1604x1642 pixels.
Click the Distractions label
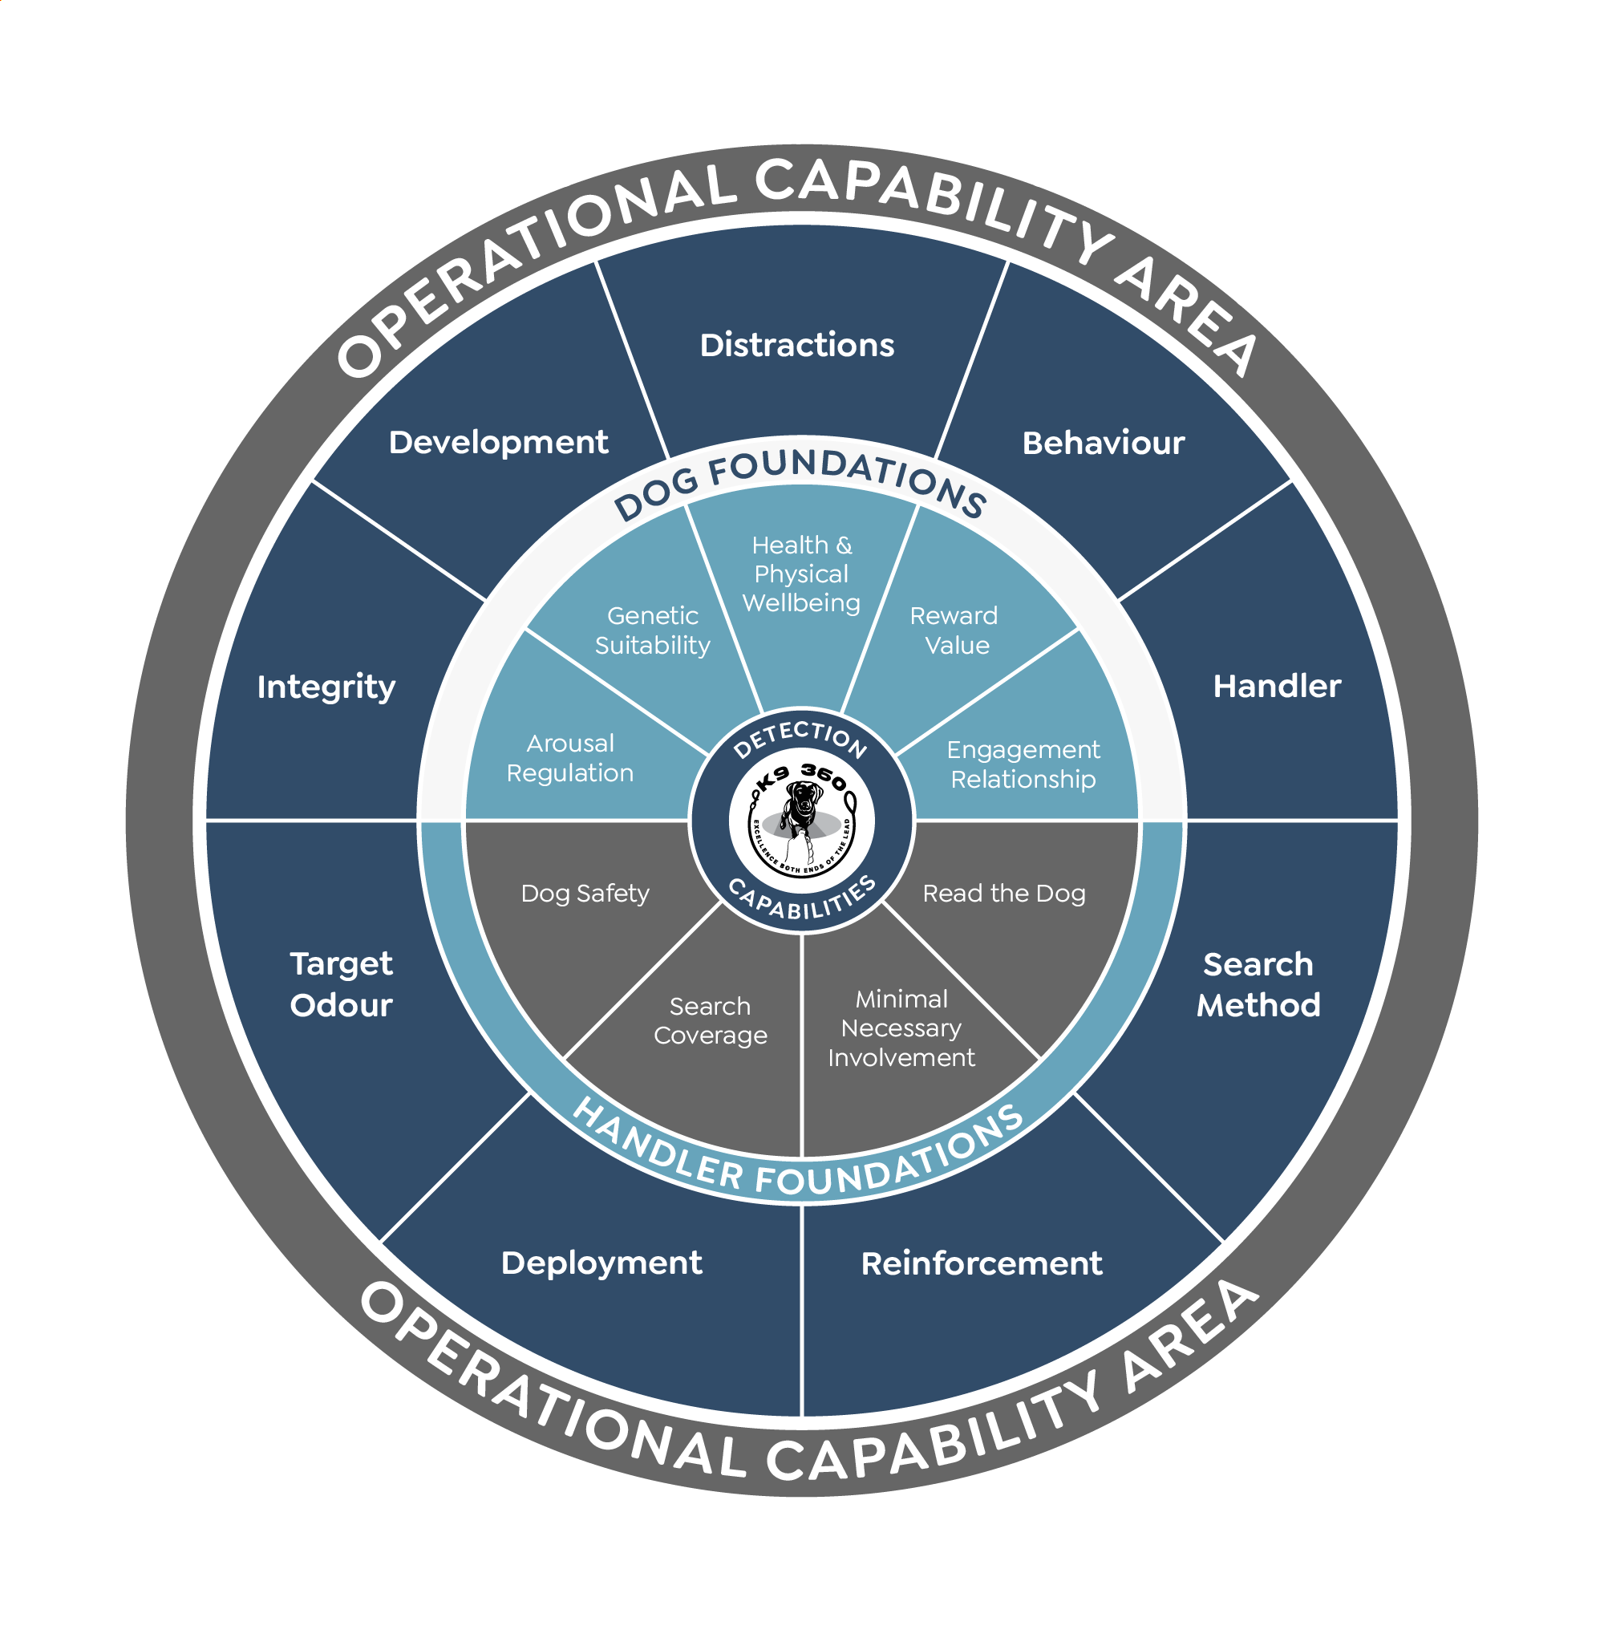pyautogui.click(x=797, y=346)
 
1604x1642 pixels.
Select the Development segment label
pyautogui.click(x=498, y=443)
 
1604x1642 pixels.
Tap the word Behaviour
pyautogui.click(x=1103, y=443)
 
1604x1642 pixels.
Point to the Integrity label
pyautogui.click(x=326, y=687)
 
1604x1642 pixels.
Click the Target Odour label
pyautogui.click(x=341, y=984)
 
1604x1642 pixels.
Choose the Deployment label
pyautogui.click(x=601, y=1263)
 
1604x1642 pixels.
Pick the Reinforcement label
pyautogui.click(x=982, y=1263)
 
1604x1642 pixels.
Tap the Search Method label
pyautogui.click(x=1258, y=984)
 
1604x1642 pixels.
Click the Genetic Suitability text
pyautogui.click(x=653, y=630)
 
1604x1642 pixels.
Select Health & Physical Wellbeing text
pyautogui.click(x=801, y=574)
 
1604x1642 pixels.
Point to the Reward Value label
pyautogui.click(x=954, y=630)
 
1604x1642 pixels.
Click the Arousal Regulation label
pyautogui.click(x=570, y=758)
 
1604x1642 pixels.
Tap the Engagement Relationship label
pyautogui.click(x=1023, y=764)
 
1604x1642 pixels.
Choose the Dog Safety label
pyautogui.click(x=585, y=893)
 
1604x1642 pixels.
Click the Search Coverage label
pyautogui.click(x=711, y=1020)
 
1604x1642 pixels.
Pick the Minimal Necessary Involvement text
pyautogui.click(x=901, y=1028)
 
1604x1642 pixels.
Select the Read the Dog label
pyautogui.click(x=1004, y=893)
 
